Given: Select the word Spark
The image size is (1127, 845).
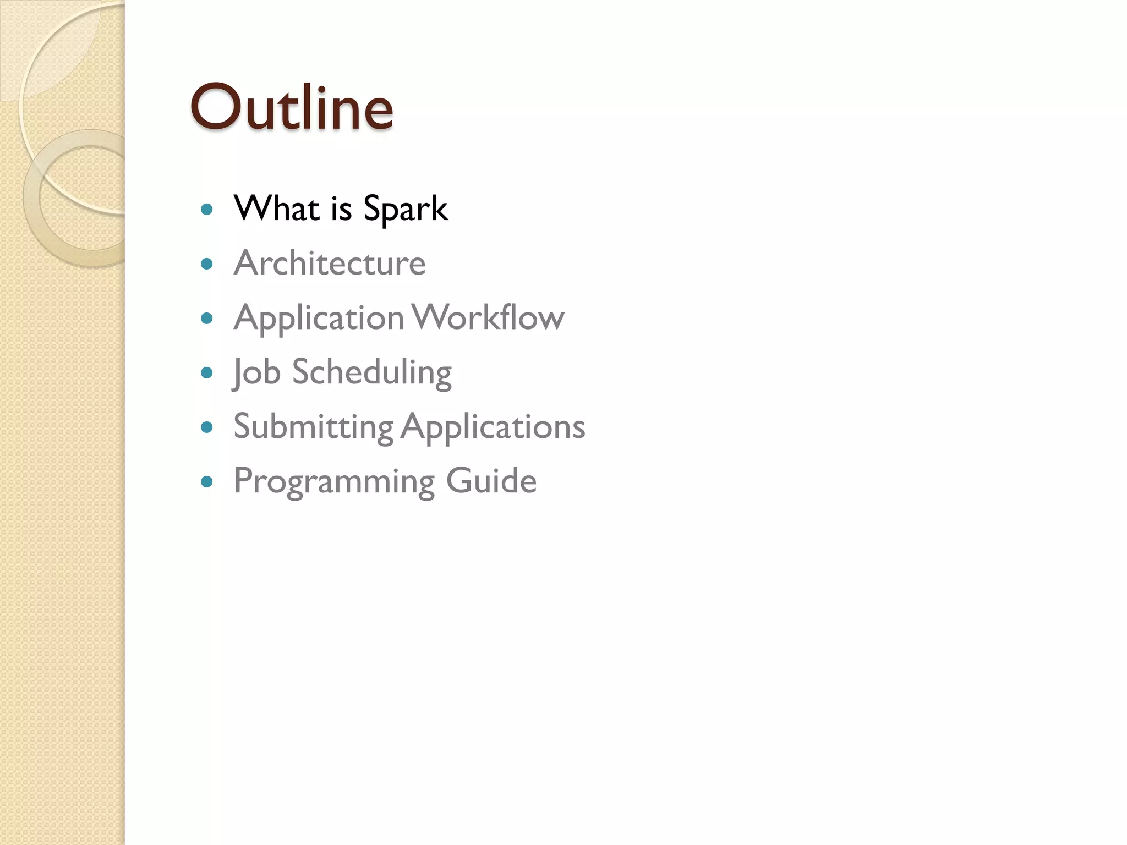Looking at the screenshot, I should pos(406,209).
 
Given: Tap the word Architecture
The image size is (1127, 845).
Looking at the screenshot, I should pos(330,263).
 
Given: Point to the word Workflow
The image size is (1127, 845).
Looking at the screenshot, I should pos(488,317).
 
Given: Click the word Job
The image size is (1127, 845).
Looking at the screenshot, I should pos(256,372).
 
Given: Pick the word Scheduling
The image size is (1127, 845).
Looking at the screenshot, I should pos(371,372).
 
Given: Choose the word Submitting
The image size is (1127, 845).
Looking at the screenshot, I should pos(313,426).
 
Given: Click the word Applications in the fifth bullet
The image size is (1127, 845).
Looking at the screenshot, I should pos(493,427).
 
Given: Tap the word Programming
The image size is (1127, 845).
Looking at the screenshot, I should pos(334,481).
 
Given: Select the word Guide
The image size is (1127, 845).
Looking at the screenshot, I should pos(491,480).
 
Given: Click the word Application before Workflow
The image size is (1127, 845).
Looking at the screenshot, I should pos(319,319).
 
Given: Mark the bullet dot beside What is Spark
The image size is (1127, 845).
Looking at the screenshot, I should pos(207,209).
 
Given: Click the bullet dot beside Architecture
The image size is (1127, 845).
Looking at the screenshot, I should pos(207,264).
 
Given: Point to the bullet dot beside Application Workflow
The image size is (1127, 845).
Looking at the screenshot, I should pos(207,318).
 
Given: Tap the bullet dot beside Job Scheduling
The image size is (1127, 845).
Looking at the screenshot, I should pos(207,373).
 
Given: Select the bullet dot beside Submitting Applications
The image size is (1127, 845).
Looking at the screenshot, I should pos(207,427).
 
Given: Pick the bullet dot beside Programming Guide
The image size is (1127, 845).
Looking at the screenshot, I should pos(207,482).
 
